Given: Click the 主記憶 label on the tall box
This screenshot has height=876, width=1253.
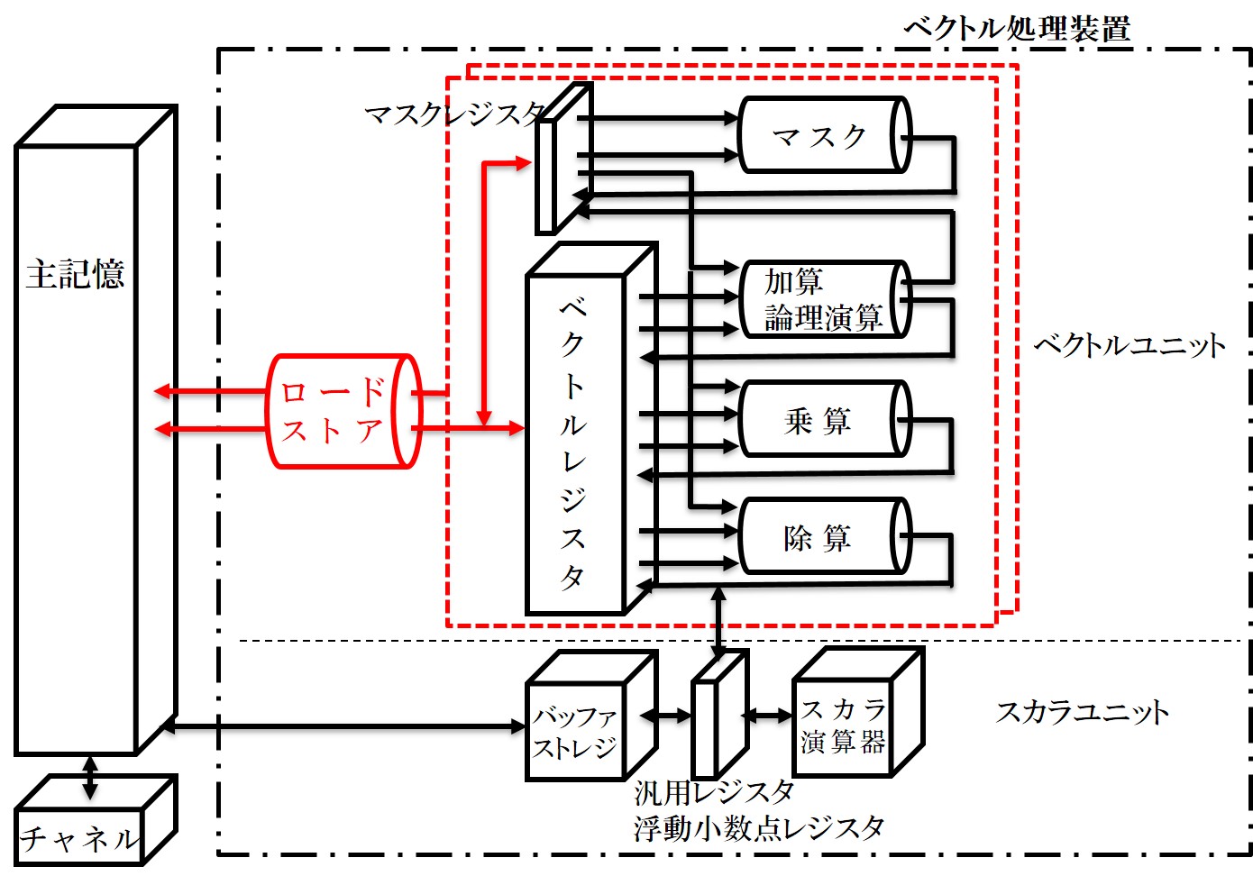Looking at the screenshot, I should coord(75,274).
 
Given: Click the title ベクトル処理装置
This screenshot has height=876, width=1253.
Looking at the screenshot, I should coord(1016,28).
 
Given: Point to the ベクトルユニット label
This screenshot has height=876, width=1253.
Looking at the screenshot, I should coord(1129,345).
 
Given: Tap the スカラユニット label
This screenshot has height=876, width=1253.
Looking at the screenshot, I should coord(1082,712).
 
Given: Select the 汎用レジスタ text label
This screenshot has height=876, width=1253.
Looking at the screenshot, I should coord(713,792).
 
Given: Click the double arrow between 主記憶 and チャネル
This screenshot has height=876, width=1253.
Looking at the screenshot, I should coord(89,777).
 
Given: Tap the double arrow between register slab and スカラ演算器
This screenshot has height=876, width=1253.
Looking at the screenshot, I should coord(767,716).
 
